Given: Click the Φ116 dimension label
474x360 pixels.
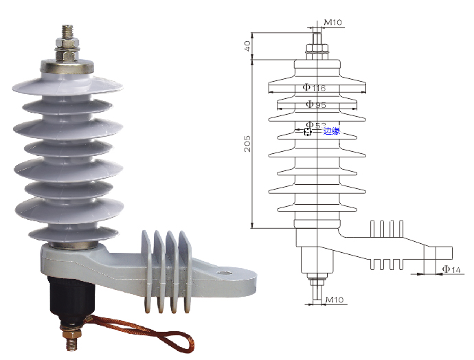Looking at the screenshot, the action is click(314, 88).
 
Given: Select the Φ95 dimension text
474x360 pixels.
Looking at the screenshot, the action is click(316, 104).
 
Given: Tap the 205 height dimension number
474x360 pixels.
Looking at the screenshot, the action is click(247, 144).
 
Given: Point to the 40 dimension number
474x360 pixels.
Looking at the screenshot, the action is click(247, 46).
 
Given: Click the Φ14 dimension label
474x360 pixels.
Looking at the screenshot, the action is click(451, 269).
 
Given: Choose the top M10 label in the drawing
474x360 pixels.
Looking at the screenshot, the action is click(332, 22).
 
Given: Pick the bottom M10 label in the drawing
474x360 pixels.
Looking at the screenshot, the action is click(335, 300).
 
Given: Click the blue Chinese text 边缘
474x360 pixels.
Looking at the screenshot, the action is click(332, 131).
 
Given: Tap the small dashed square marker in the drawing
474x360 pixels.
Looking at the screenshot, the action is click(308, 132).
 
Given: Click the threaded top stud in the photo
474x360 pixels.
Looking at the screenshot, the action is click(68, 32).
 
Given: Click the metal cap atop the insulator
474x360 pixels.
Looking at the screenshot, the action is click(67, 67).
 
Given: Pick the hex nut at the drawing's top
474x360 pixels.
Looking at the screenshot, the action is click(317, 48).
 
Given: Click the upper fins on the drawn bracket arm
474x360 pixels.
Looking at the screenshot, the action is click(387, 229).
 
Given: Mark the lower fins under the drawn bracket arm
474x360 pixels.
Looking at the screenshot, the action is click(387, 265).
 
